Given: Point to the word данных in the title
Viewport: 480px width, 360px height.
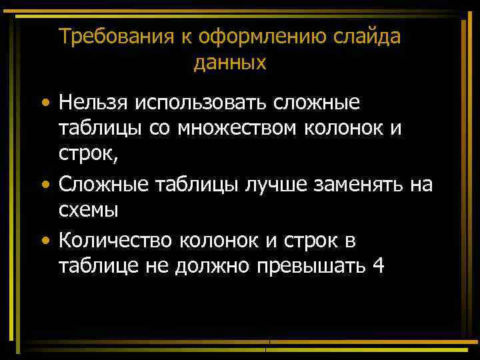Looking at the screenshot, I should (230, 63).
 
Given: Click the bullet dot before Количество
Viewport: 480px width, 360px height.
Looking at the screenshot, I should (44, 239).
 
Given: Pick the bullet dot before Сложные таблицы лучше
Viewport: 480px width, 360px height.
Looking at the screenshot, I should (44, 185).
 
